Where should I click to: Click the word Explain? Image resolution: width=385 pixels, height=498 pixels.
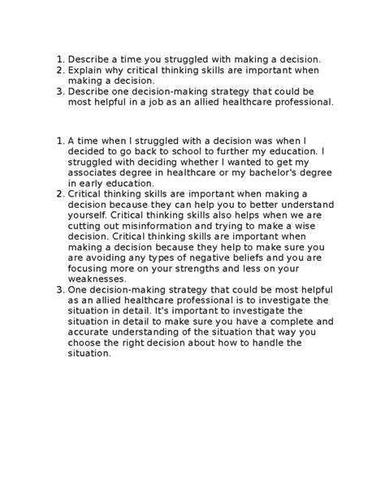pos(85,71)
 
